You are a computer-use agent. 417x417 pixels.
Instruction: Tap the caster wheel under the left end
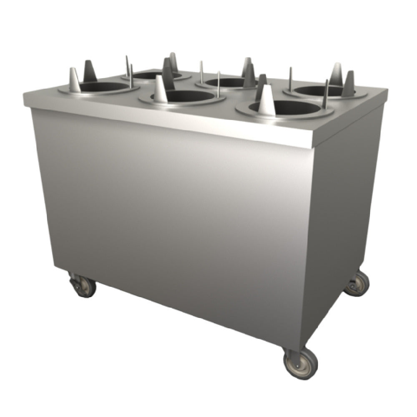(84, 286)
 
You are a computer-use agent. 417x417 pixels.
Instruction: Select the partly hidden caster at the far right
(357, 284)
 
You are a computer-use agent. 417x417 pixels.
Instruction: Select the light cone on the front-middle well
(160, 90)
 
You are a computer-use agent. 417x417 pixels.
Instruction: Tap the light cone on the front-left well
(74, 81)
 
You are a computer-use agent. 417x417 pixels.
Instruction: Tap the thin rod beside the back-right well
(290, 79)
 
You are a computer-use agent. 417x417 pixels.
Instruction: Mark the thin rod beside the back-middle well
(201, 72)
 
